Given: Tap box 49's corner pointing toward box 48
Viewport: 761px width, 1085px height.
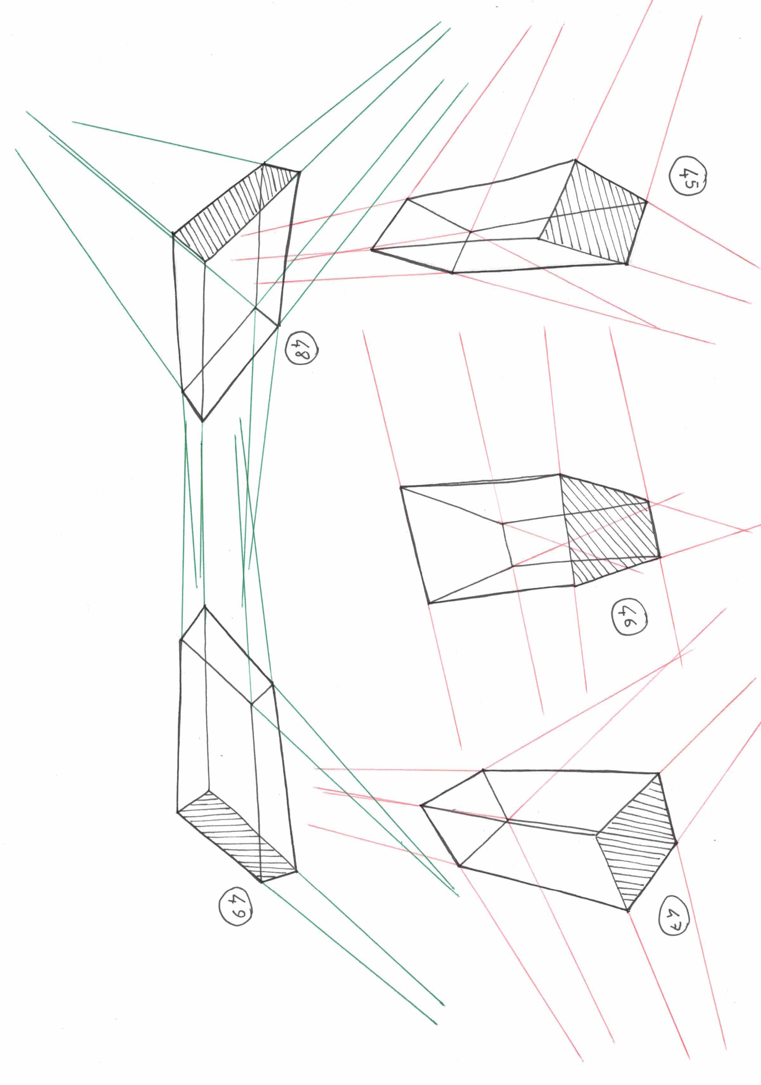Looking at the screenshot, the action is pyautogui.click(x=205, y=606).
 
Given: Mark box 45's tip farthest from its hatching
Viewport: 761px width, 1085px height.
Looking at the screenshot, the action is pyautogui.click(x=372, y=249).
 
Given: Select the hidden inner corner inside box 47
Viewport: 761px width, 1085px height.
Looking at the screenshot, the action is pyautogui.click(x=508, y=820).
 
